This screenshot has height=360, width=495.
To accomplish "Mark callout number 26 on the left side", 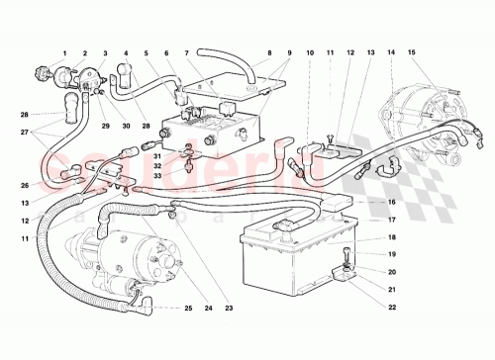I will click(x=23, y=185).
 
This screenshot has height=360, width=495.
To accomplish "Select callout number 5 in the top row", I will click(x=145, y=51).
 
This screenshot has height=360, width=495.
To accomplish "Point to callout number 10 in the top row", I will click(x=308, y=51).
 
